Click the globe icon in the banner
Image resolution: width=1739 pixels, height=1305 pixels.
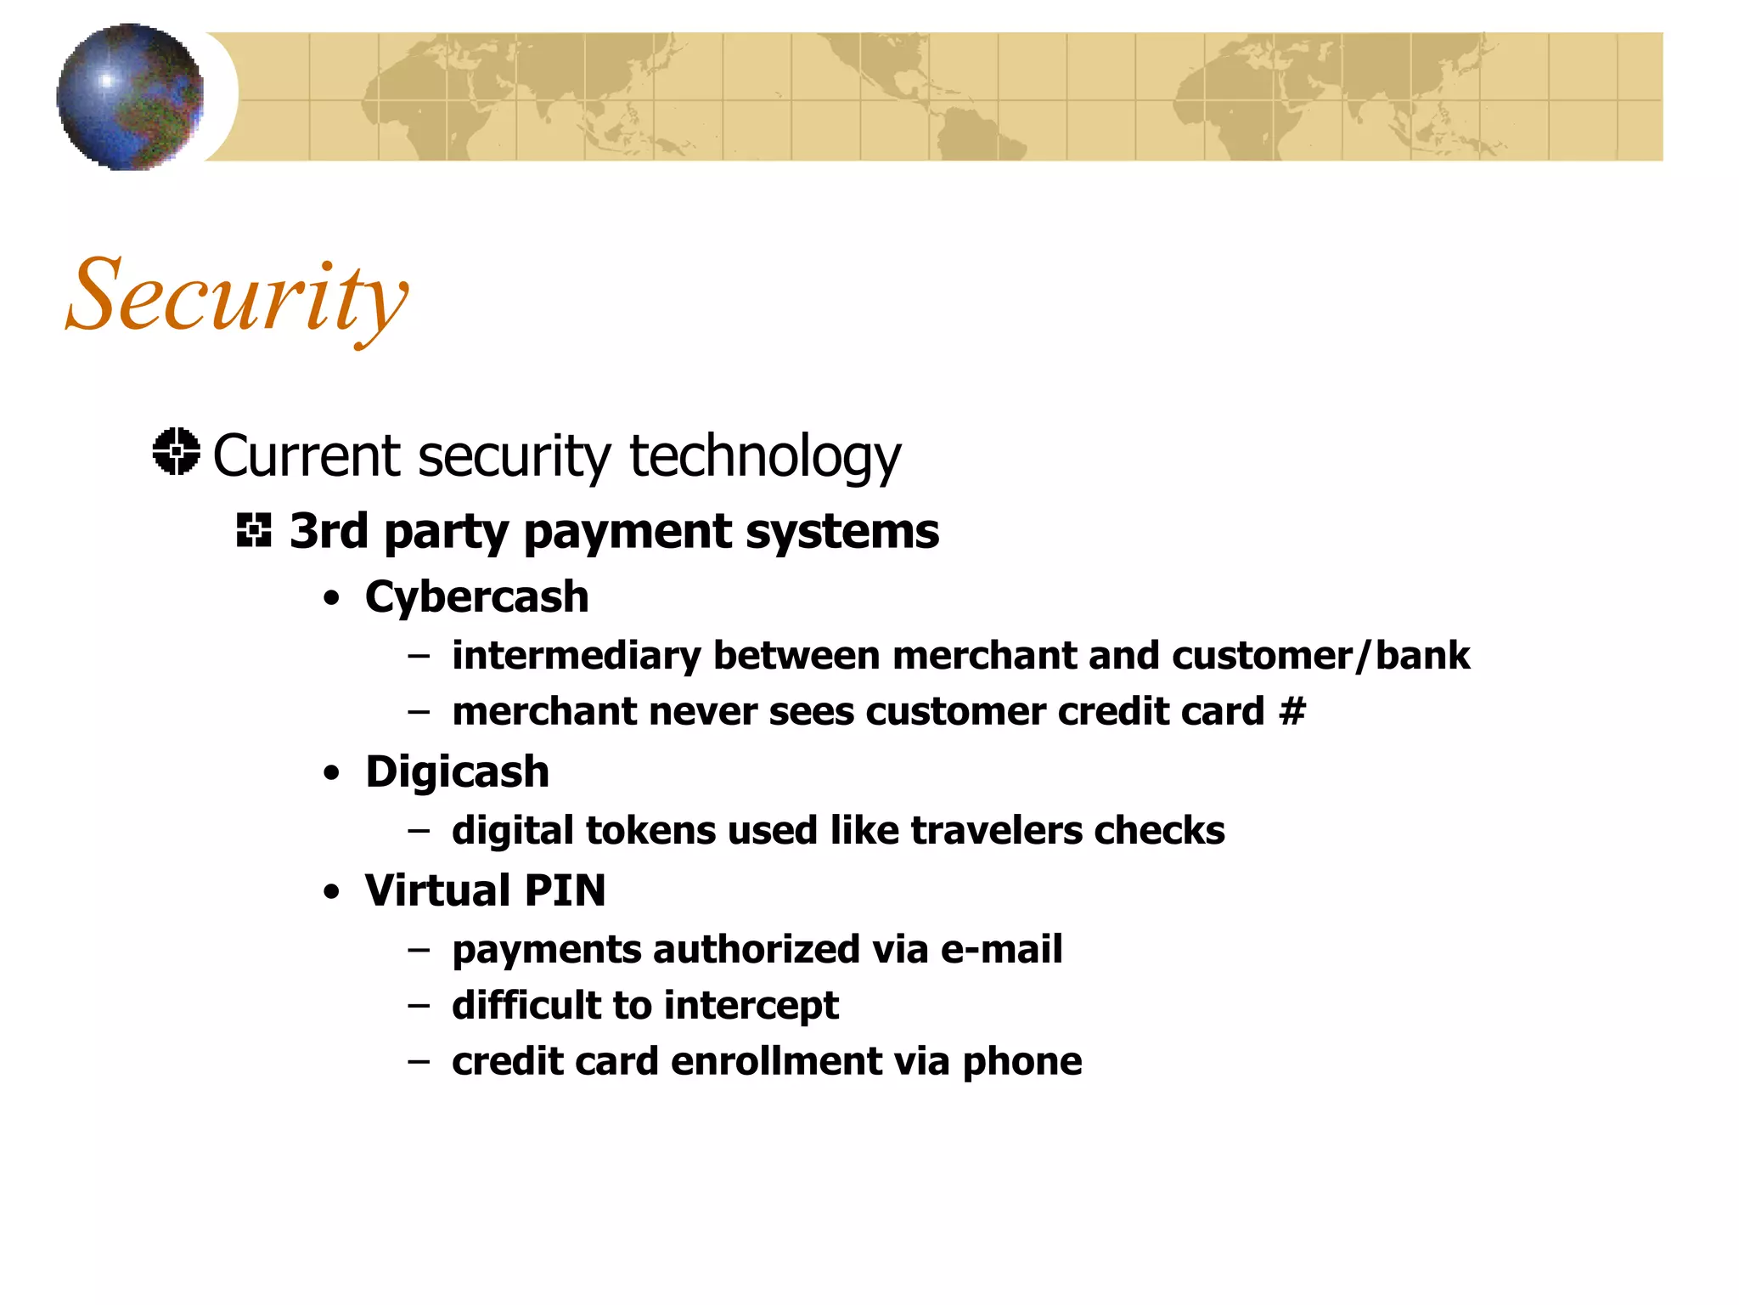130,97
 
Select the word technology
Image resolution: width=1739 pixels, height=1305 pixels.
764,457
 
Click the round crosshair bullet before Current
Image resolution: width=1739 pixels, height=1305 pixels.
177,451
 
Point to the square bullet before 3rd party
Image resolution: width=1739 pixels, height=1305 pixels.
254,530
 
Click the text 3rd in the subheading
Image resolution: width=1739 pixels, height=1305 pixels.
328,531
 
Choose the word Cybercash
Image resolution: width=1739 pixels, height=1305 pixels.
476,596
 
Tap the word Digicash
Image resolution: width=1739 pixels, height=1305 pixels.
457,771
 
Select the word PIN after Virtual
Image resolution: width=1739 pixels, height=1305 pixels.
565,890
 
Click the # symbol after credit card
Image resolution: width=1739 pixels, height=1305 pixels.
1292,711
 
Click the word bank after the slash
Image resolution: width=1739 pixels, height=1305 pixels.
1422,656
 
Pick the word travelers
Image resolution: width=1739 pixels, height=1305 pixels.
996,830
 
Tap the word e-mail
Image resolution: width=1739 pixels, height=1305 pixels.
1001,949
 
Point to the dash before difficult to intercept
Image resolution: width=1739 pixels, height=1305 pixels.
418,1006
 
